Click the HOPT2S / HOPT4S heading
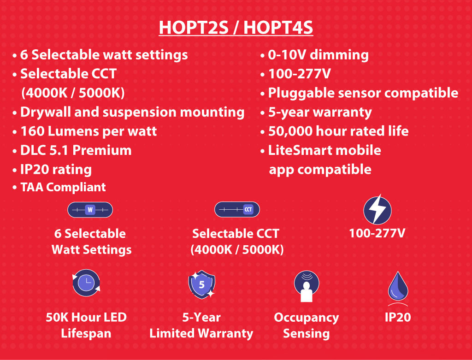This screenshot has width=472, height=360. [x=236, y=28]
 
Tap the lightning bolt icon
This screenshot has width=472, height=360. [x=378, y=210]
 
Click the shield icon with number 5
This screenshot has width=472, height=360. [x=201, y=284]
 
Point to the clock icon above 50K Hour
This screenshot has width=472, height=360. [x=86, y=283]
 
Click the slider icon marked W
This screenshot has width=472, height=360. [x=90, y=210]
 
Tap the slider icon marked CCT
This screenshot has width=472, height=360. [x=237, y=209]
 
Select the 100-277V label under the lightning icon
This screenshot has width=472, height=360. [x=377, y=233]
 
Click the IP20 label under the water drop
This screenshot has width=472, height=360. [x=398, y=317]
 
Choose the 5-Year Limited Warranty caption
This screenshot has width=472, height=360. [x=201, y=325]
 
